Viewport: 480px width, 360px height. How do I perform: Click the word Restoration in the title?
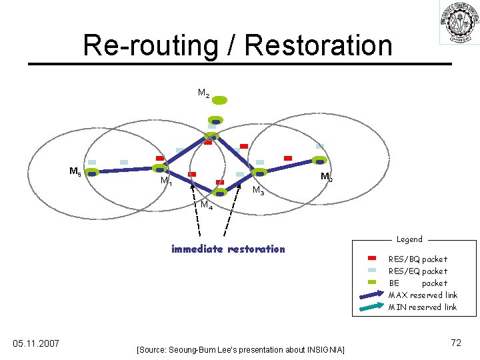click(x=319, y=45)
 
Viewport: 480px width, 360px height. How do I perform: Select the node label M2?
click(x=203, y=94)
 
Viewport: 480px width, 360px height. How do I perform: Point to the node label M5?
click(x=75, y=172)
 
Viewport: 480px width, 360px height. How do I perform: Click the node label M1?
click(x=166, y=181)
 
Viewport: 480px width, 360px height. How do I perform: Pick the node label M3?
click(x=258, y=191)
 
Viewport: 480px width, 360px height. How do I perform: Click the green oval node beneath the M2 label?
click(x=219, y=100)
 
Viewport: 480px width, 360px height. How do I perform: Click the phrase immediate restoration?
click(x=228, y=249)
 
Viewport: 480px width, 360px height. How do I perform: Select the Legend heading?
click(x=409, y=239)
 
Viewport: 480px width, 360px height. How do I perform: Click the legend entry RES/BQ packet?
click(x=418, y=259)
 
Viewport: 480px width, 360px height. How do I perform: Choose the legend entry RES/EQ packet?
click(x=418, y=271)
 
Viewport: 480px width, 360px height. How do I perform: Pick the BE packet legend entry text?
click(x=418, y=283)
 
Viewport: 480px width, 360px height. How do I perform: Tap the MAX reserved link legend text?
click(x=423, y=295)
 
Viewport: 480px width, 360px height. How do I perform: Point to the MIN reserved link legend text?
click(x=423, y=307)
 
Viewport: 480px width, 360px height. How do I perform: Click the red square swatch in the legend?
click(x=372, y=258)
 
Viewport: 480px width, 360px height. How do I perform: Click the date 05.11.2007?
click(x=36, y=343)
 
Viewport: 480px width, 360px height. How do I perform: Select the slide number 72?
click(x=456, y=343)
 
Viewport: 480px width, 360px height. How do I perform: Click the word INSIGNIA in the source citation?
click(x=324, y=349)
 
